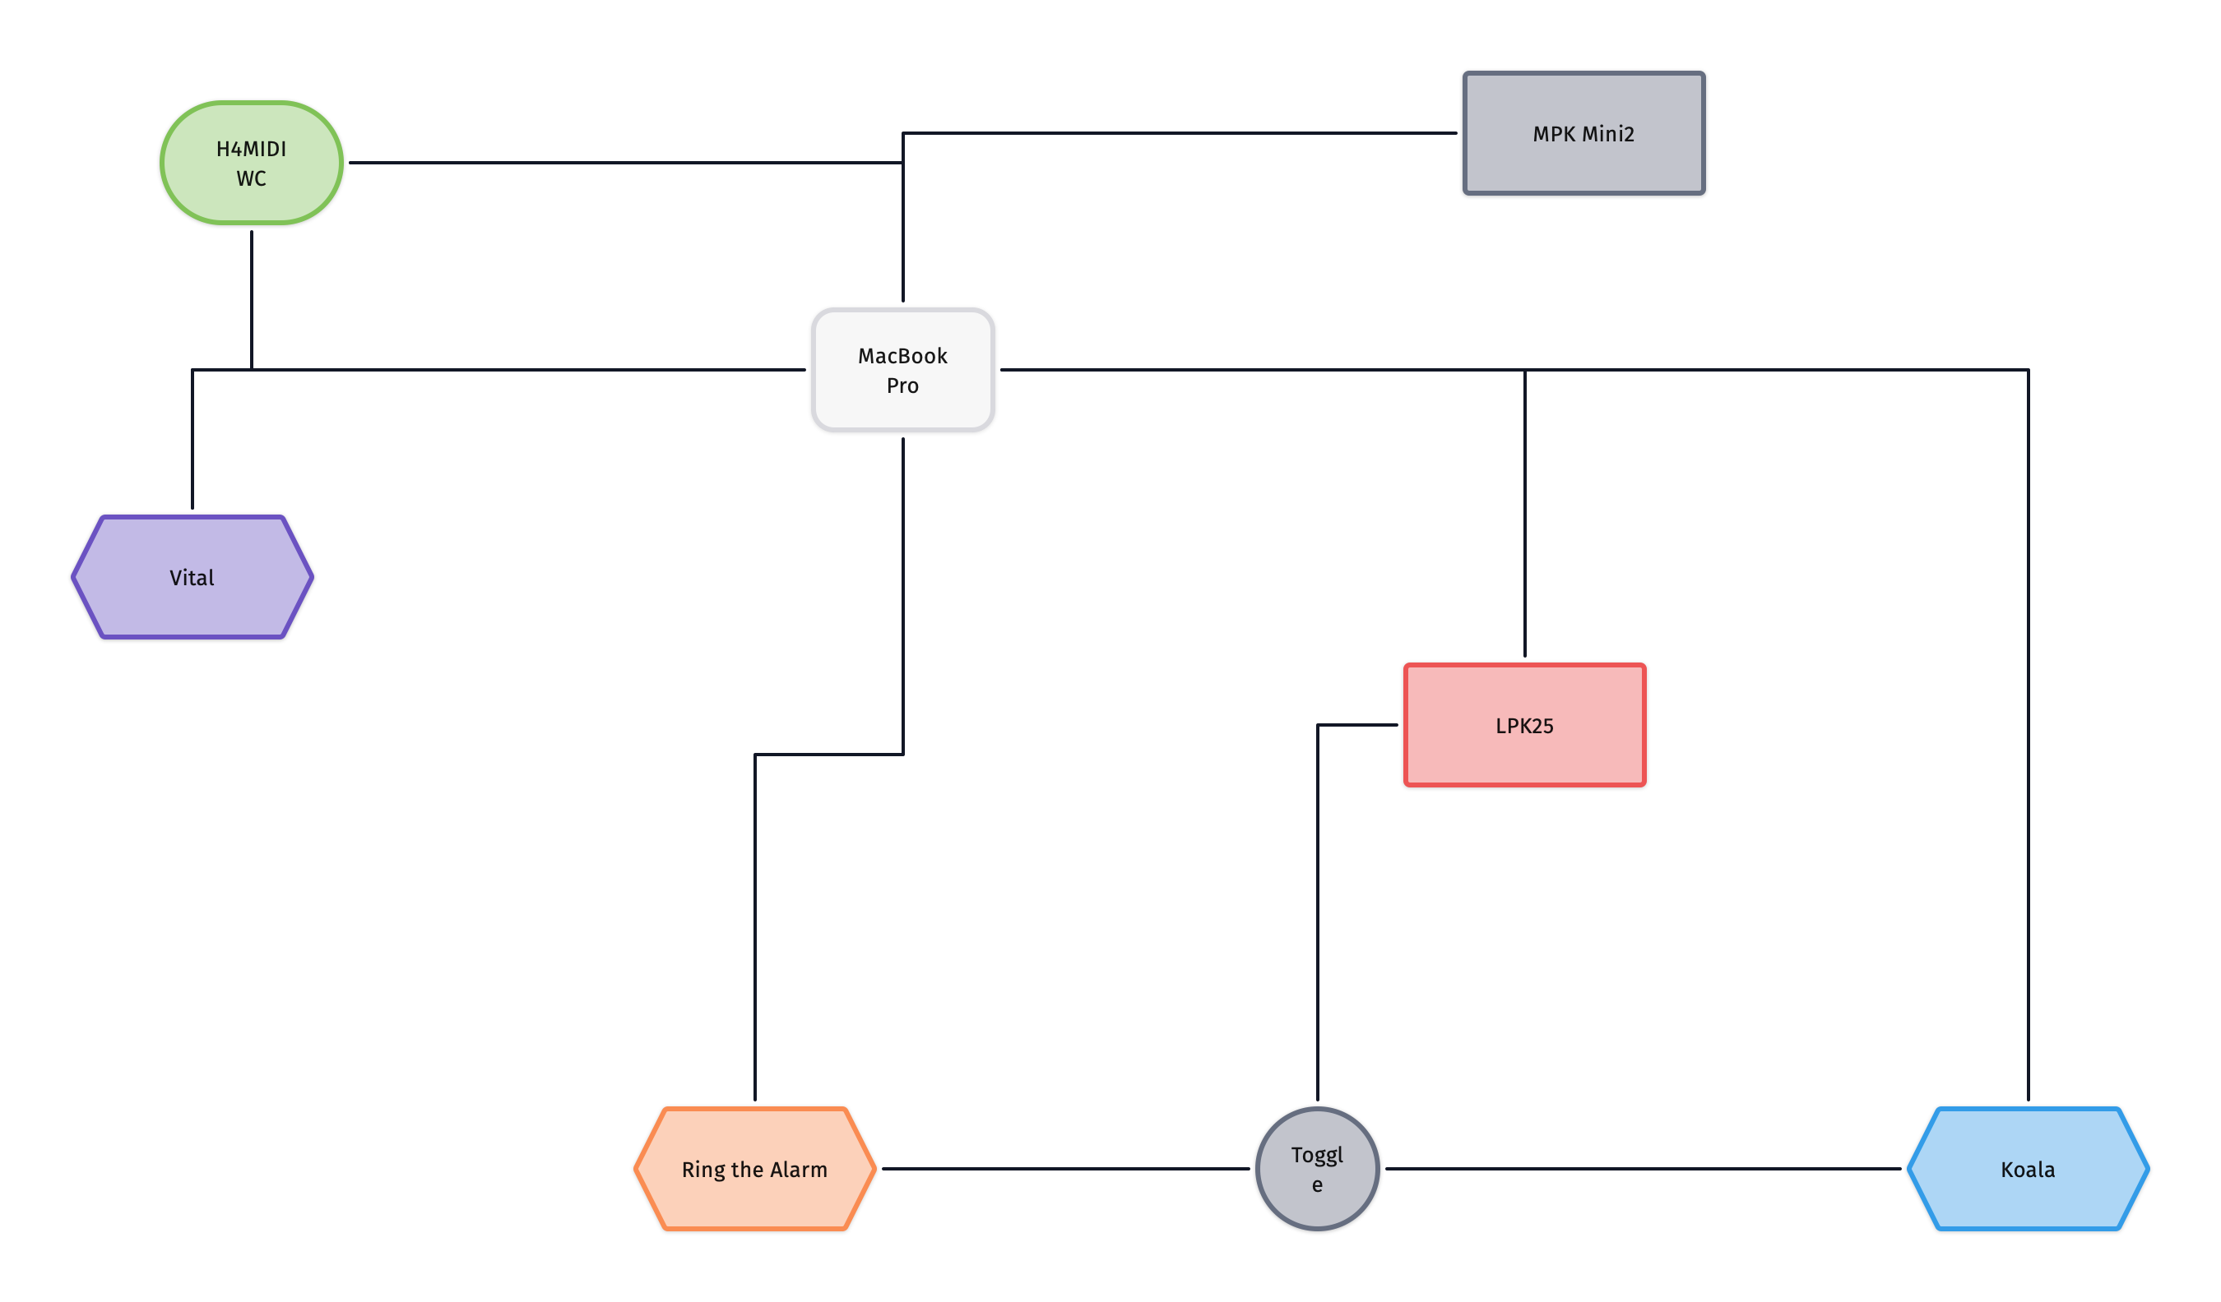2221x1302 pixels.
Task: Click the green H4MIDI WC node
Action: (x=251, y=163)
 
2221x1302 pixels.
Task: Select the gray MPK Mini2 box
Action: (x=1583, y=133)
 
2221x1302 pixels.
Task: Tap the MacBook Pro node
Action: (x=902, y=370)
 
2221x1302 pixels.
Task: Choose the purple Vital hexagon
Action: (x=192, y=577)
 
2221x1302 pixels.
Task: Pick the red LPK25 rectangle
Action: (x=1525, y=725)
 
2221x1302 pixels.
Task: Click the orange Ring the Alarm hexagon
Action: (x=755, y=1169)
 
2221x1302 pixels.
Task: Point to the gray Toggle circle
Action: (x=1318, y=1169)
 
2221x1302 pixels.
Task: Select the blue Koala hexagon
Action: (x=2028, y=1169)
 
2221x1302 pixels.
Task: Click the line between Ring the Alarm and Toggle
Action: (x=1065, y=1169)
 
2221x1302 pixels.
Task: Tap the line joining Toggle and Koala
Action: (x=1643, y=1169)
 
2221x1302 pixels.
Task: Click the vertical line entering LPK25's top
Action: (x=1525, y=514)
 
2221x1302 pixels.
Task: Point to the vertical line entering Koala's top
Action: (x=2028, y=736)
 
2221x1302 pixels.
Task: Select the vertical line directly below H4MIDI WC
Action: (x=251, y=300)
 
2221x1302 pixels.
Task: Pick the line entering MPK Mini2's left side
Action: (x=1180, y=133)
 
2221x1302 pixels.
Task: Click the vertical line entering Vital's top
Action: (x=192, y=440)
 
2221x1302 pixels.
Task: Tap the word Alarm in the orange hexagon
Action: (x=799, y=1169)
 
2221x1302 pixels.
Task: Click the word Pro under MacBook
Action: (x=902, y=386)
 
